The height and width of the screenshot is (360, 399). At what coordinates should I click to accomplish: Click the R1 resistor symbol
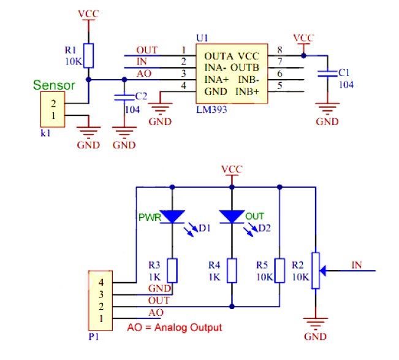coord(89,55)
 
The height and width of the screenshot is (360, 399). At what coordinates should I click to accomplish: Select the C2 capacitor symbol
coord(125,97)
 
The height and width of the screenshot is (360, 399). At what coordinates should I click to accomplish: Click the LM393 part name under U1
coord(210,110)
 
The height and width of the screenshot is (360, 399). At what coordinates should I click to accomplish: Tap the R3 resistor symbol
coord(173,270)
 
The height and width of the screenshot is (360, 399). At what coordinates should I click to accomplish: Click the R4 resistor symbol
coord(232,270)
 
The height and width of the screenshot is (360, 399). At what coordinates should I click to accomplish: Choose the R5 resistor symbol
coord(279,270)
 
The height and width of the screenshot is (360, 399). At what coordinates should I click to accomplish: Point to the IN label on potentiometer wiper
coord(357,264)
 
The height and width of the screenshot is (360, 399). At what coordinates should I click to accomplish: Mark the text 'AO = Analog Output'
coord(174,327)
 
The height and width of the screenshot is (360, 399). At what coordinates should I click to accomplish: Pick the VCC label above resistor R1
coord(89,13)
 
